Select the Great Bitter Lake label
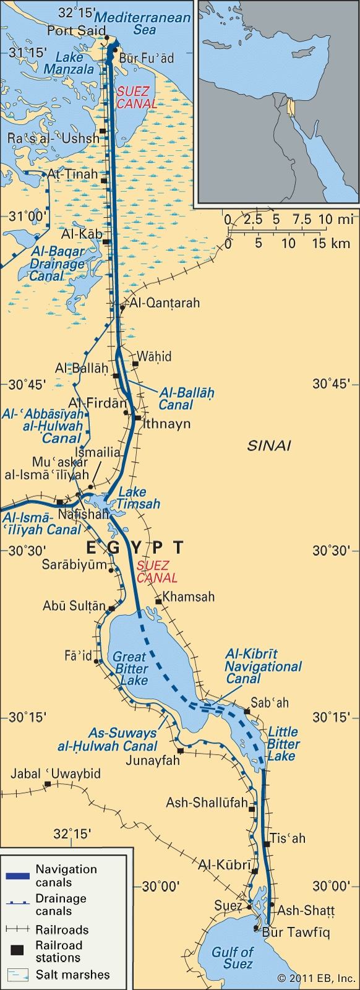(x=131, y=668)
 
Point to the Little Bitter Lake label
(x=281, y=744)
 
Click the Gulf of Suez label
(x=232, y=958)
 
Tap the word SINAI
(x=269, y=445)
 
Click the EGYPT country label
(x=134, y=548)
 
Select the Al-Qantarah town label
(x=164, y=303)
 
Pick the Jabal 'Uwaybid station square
(x=47, y=785)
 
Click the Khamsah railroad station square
(x=158, y=601)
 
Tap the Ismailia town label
(x=97, y=452)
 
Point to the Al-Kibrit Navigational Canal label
(x=263, y=666)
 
